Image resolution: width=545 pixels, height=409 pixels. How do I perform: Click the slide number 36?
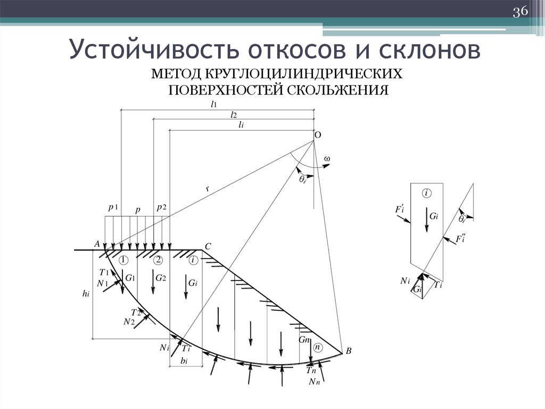tap(519, 12)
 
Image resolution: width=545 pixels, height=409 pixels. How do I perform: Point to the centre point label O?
tap(317, 135)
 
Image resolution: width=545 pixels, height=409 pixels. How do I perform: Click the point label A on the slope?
tap(97, 244)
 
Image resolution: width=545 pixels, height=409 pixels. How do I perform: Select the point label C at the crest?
tap(208, 246)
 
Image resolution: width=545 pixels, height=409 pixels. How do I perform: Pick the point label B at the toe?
tap(349, 351)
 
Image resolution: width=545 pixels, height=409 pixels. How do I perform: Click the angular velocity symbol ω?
tap(326, 159)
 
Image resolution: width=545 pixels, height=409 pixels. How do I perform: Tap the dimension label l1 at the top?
tap(214, 105)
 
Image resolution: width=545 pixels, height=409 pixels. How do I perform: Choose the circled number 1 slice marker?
tap(123, 260)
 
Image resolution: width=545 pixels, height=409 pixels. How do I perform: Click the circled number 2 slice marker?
tap(158, 260)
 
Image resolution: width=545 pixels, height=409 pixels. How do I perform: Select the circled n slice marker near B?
tap(318, 347)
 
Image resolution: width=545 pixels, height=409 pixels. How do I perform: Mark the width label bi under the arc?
tap(184, 361)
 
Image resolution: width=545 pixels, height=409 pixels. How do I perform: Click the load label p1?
tap(113, 208)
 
